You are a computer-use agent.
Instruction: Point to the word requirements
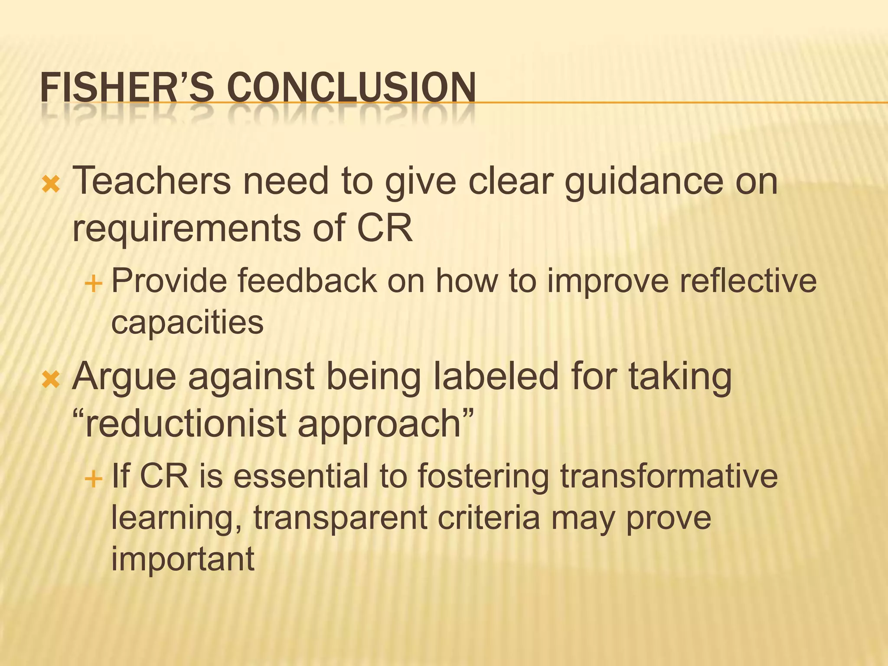coord(187,229)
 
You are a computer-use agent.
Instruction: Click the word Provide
coord(170,281)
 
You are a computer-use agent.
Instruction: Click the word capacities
coord(187,323)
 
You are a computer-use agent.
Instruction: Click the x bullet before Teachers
coord(51,185)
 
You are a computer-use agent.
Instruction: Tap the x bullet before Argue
coord(51,380)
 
